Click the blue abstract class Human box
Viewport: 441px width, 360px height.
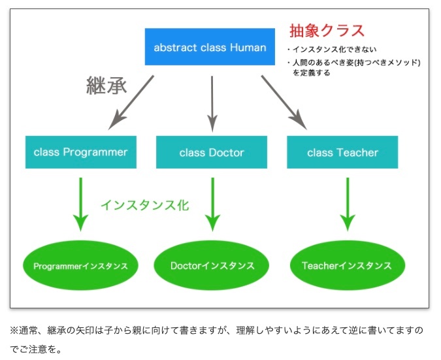(x=210, y=46)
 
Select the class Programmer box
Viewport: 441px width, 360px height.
(x=81, y=152)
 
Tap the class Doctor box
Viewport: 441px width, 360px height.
(x=212, y=152)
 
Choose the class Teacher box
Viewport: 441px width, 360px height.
(x=342, y=152)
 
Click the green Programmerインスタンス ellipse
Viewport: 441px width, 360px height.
(x=80, y=265)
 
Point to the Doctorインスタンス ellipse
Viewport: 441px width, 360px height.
(x=212, y=265)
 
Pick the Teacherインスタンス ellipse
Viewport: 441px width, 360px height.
(x=348, y=265)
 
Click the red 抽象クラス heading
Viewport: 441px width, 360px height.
(x=327, y=30)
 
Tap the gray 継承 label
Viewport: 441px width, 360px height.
(x=106, y=85)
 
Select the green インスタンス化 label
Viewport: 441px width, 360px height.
(x=145, y=205)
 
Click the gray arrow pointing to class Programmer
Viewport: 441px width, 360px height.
(x=131, y=103)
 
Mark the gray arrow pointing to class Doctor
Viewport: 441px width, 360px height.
(x=212, y=104)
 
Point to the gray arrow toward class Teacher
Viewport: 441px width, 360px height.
(x=284, y=103)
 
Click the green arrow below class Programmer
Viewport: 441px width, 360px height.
(x=81, y=205)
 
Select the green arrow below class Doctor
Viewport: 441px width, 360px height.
(x=212, y=205)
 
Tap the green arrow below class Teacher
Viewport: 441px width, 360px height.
(x=348, y=205)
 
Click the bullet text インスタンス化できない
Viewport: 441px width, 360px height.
(x=335, y=50)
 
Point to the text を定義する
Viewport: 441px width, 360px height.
(x=312, y=73)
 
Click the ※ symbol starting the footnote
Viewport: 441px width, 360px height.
(x=14, y=330)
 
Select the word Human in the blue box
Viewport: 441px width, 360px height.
(x=248, y=48)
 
